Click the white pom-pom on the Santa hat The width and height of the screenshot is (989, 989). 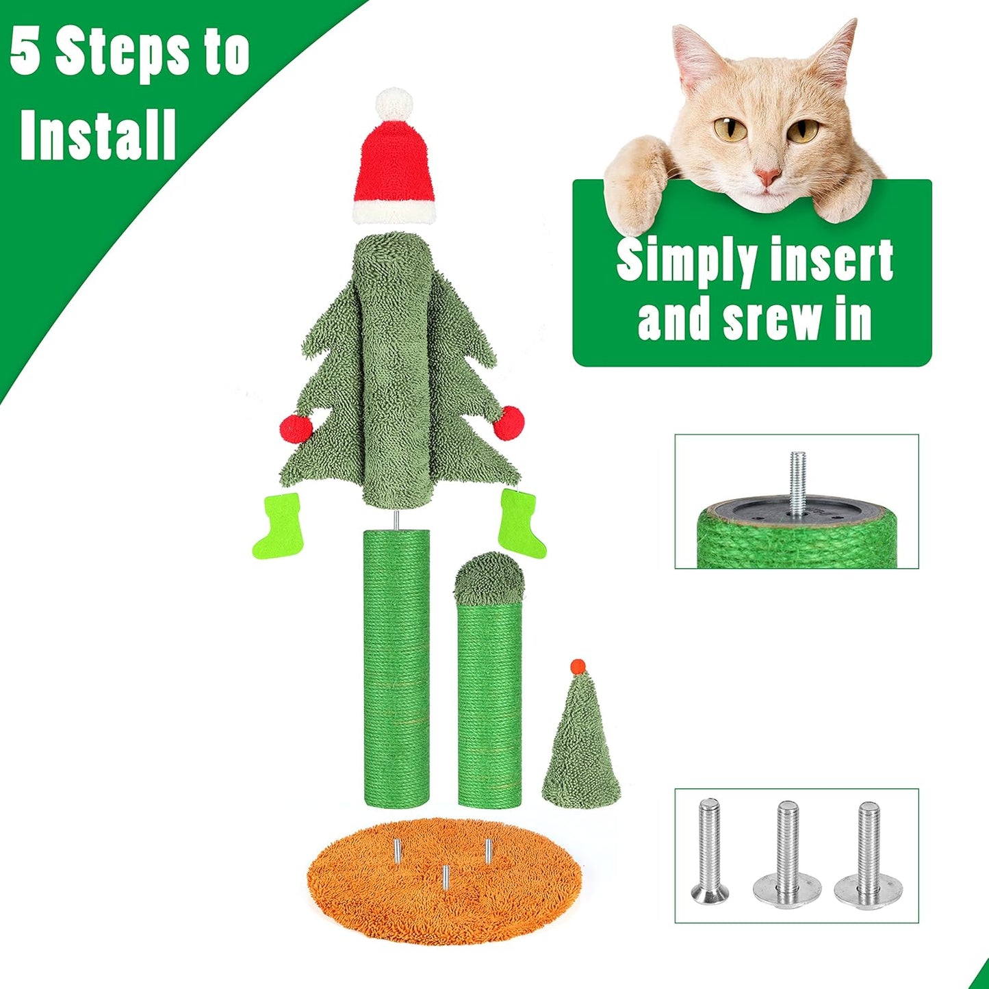click(x=394, y=103)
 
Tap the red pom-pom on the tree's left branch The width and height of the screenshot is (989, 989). click(x=296, y=428)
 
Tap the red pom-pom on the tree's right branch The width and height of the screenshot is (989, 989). click(x=509, y=422)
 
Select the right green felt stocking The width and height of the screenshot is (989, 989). click(x=521, y=522)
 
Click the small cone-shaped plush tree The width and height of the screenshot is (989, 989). click(x=581, y=746)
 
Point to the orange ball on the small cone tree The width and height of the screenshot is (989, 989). click(x=578, y=665)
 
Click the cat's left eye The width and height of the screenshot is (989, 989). click(x=729, y=129)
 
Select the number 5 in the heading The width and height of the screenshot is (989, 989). click(x=25, y=53)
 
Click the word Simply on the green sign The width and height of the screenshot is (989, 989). click(x=685, y=261)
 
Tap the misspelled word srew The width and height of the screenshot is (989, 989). click(x=773, y=320)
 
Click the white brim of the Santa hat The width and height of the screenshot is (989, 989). click(x=394, y=211)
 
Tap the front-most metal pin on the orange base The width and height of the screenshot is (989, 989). click(x=445, y=877)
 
